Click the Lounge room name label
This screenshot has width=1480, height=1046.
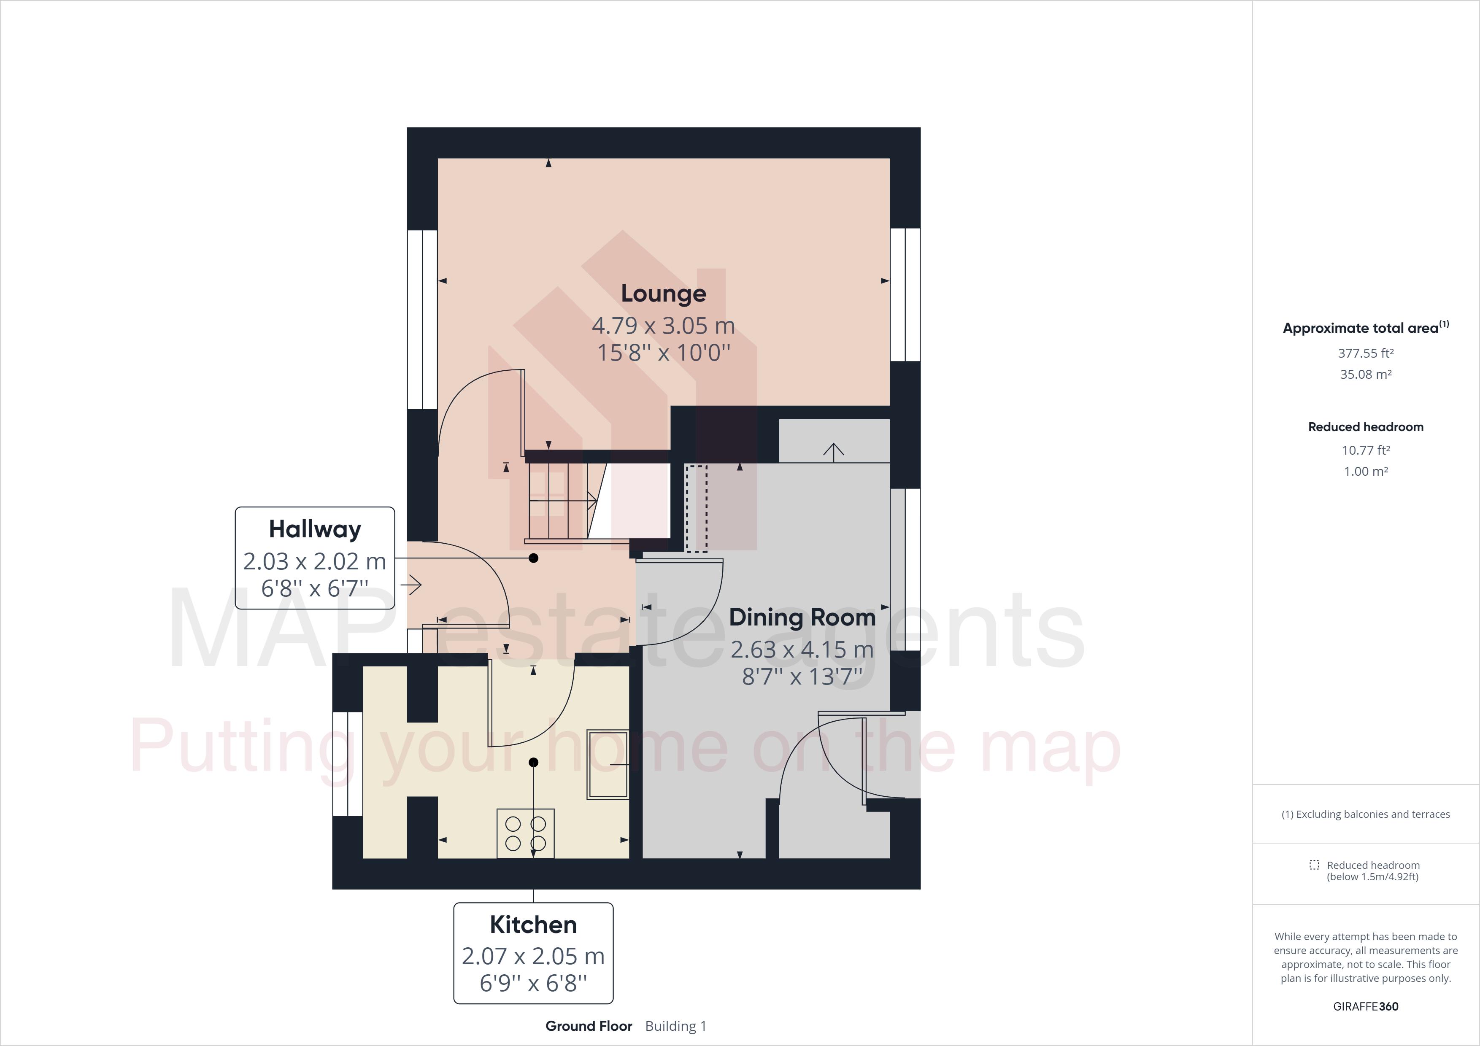click(x=663, y=293)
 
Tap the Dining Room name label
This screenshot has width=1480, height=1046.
click(x=802, y=617)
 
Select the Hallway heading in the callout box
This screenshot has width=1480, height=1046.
click(x=315, y=529)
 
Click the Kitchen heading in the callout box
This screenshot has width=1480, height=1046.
click(x=533, y=925)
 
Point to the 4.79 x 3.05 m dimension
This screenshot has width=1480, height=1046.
click(x=663, y=326)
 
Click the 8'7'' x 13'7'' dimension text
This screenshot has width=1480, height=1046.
click(x=802, y=677)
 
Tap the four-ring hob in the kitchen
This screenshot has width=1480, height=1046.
click(x=525, y=833)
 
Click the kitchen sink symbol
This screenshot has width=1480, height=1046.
click(x=607, y=764)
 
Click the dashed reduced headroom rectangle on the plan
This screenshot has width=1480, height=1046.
click(x=696, y=509)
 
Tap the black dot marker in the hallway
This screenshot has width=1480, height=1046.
click(x=533, y=558)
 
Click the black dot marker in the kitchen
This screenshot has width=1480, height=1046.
click(x=533, y=763)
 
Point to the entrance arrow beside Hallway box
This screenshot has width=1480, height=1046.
click(x=411, y=585)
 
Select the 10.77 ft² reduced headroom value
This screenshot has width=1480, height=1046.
click(x=1365, y=450)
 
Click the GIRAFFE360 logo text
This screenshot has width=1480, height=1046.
click(x=1365, y=1006)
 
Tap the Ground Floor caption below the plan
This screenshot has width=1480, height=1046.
click(x=589, y=1026)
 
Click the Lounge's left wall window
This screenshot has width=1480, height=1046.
click(x=422, y=320)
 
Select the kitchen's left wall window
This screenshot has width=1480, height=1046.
click(x=348, y=764)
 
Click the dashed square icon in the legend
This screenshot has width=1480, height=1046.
click(x=1314, y=865)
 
